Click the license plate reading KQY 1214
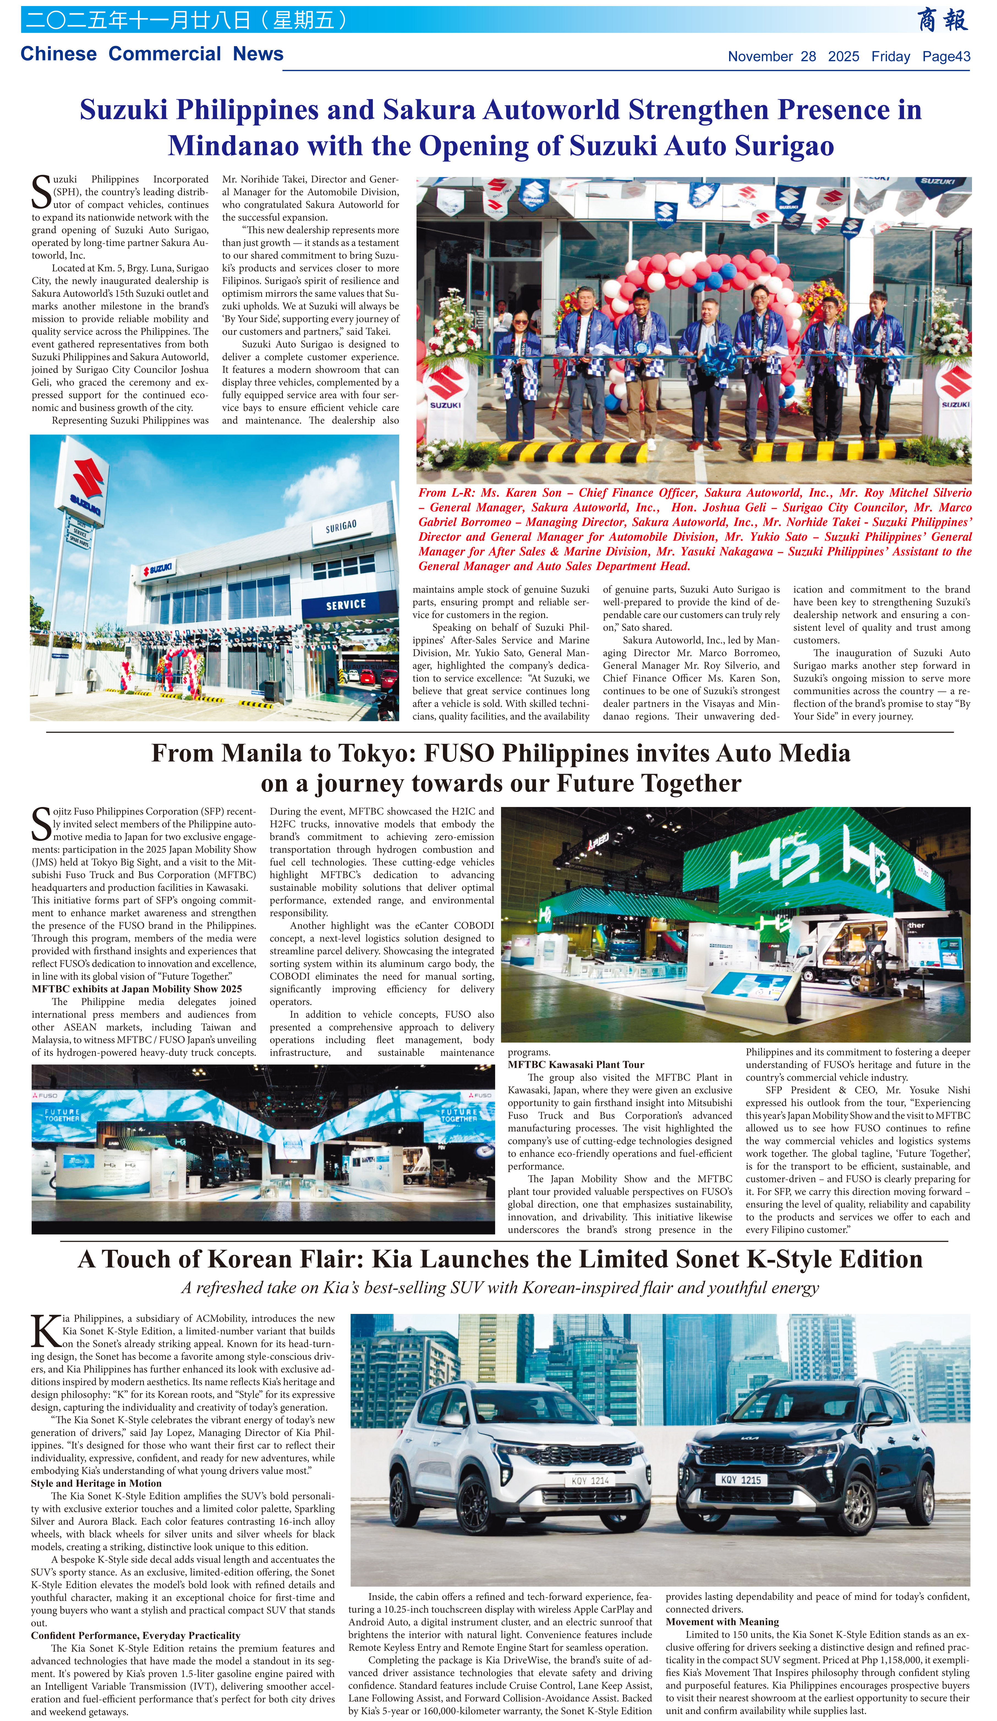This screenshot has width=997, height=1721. (590, 1481)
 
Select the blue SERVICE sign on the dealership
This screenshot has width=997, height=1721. (346, 604)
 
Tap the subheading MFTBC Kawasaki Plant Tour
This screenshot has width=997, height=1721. (576, 1065)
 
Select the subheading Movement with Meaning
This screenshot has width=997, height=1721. (722, 1622)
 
